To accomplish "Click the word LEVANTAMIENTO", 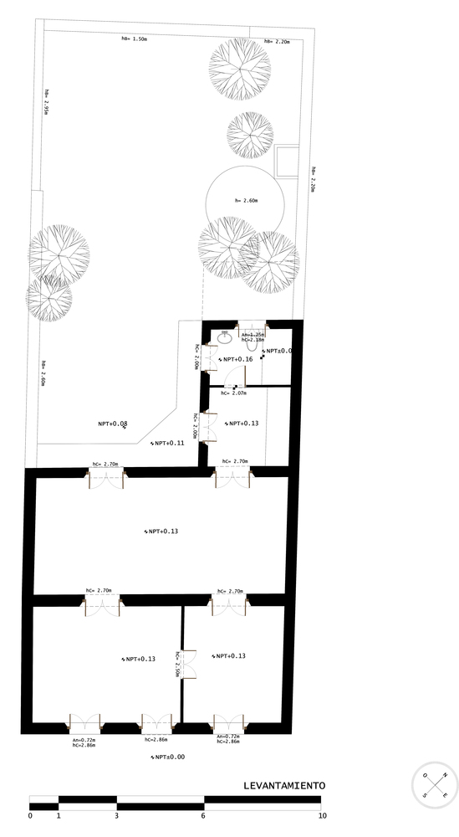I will (x=283, y=786).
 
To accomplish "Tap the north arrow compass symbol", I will (x=436, y=785).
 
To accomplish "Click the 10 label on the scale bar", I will (x=322, y=815).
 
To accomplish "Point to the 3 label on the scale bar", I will (x=116, y=815).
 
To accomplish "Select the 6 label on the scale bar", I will (x=203, y=815).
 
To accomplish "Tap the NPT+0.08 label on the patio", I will (x=112, y=424).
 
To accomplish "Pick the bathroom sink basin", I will (x=224, y=338).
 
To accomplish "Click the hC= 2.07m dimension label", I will (x=233, y=393).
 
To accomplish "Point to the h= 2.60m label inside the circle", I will (x=246, y=201).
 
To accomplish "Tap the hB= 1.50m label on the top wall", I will (x=134, y=39).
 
